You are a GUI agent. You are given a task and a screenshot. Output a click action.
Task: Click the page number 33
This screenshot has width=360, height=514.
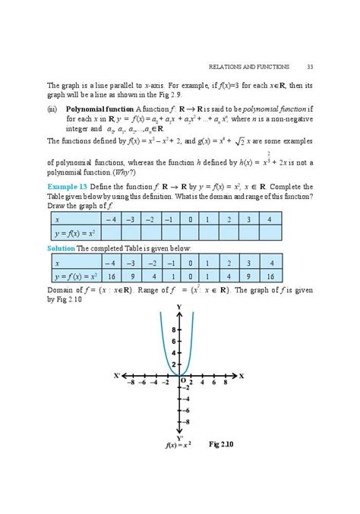tap(310, 64)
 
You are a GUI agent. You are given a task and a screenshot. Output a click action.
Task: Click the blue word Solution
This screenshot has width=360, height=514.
tap(62, 248)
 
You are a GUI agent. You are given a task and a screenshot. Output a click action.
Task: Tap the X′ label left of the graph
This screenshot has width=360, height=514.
tap(116, 376)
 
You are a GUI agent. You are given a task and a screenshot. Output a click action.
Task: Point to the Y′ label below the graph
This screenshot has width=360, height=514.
tap(180, 437)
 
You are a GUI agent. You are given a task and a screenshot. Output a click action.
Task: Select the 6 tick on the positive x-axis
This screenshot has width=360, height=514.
tap(215, 384)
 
